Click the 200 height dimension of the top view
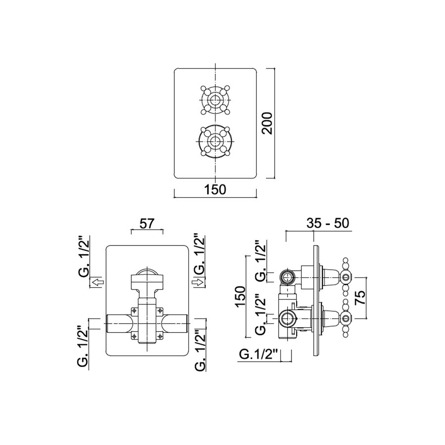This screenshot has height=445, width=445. (x=267, y=124)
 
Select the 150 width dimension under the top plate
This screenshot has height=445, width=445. (x=215, y=189)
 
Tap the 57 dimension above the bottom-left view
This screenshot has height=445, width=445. (x=147, y=224)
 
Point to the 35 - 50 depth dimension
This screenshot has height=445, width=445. (x=327, y=223)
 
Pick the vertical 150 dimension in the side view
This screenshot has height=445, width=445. (x=240, y=297)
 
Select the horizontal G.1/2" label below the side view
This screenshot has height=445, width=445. (x=258, y=355)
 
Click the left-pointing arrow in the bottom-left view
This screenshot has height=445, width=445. (x=98, y=282)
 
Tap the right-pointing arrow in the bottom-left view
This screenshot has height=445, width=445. (x=198, y=282)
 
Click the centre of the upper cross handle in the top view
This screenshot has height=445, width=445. (x=215, y=100)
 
